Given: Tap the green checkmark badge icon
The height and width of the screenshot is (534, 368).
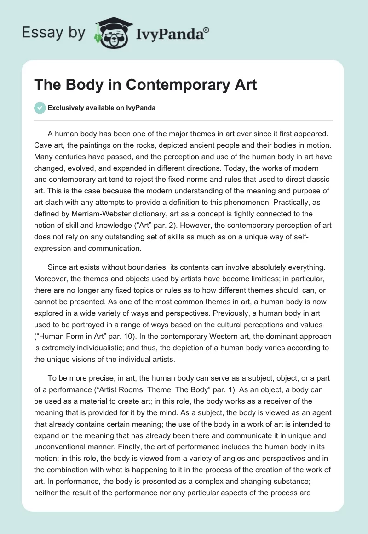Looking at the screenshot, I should [x=39, y=108].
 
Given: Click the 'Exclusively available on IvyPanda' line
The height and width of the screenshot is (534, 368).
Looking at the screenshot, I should [x=102, y=108].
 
